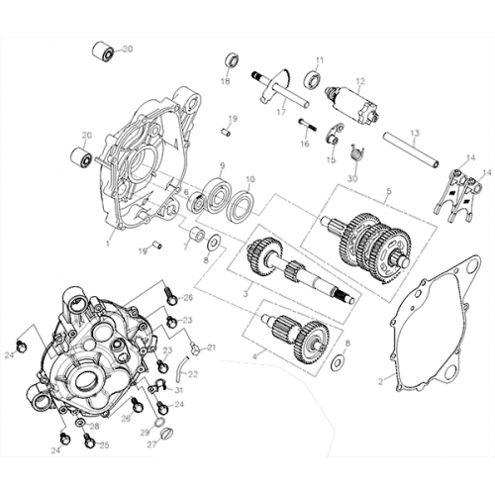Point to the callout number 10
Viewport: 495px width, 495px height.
pyautogui.click(x=248, y=179)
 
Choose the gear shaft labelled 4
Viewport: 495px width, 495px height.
pyautogui.click(x=296, y=338)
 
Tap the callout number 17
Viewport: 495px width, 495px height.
pyautogui.click(x=281, y=112)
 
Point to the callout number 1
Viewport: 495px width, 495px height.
pyautogui.click(x=110, y=240)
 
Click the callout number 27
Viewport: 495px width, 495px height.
pyautogui.click(x=151, y=445)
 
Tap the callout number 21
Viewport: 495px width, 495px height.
pyautogui.click(x=210, y=347)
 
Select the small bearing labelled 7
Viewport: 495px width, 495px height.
pyautogui.click(x=197, y=238)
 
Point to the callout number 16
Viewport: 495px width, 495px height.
pyautogui.click(x=305, y=144)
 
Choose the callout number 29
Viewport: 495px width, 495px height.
pyautogui.click(x=145, y=433)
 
